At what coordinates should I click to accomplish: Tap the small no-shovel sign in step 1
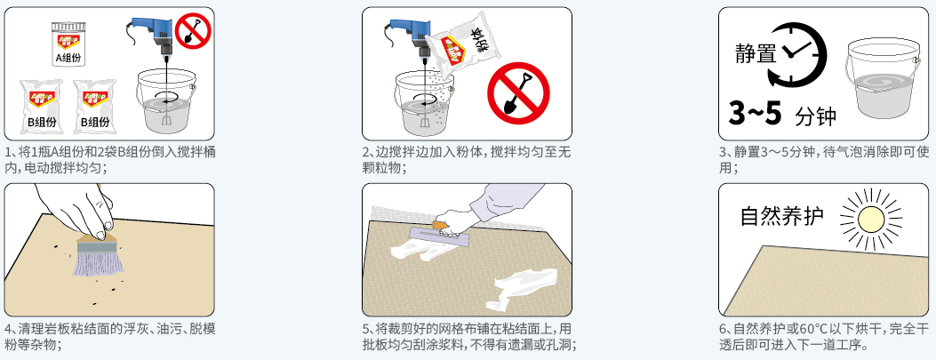(x=193, y=32)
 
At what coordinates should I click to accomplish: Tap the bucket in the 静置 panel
(x=883, y=78)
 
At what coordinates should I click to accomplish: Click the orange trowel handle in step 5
(x=439, y=226)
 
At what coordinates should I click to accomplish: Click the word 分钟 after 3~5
(x=815, y=116)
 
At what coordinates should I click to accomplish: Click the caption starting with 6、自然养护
(x=824, y=337)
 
